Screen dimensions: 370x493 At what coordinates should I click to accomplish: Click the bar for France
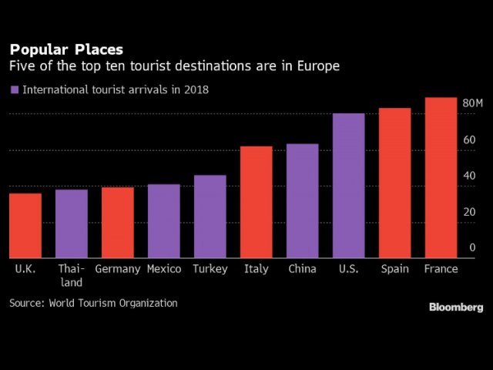[441, 178]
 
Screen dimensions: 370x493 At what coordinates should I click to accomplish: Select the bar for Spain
[394, 183]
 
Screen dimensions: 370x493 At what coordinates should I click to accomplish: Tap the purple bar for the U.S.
[348, 186]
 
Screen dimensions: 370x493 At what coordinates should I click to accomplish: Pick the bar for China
[302, 201]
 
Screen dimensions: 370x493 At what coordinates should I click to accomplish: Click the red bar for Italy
[256, 202]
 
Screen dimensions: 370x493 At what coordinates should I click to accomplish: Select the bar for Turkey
[210, 217]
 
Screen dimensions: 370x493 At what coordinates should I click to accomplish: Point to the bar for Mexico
[163, 221]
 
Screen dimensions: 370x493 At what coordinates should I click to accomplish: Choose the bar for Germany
[117, 223]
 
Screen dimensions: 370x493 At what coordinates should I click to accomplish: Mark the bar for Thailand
[71, 224]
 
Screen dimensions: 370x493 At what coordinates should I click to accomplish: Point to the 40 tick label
[468, 176]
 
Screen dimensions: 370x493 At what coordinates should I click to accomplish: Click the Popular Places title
[65, 51]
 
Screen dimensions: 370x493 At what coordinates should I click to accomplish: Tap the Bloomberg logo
[456, 307]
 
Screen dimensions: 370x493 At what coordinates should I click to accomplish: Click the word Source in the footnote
[27, 303]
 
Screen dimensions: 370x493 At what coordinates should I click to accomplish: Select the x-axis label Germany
[117, 269]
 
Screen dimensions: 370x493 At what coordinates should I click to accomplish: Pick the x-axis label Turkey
[210, 269]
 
